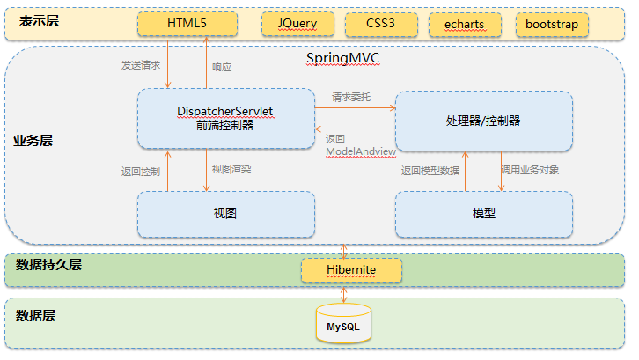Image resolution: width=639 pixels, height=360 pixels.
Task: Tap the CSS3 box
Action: tap(380, 24)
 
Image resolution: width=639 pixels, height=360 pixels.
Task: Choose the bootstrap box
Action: tap(552, 24)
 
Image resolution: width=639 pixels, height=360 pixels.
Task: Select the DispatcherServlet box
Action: tap(225, 118)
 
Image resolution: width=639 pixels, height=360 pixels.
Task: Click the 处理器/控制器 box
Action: tap(483, 118)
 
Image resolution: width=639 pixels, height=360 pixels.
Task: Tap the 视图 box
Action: tap(225, 214)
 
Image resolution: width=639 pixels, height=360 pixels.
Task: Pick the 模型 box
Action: tap(483, 214)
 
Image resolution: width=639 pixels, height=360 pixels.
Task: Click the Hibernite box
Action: tap(351, 268)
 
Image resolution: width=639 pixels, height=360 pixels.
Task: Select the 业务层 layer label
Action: tap(32, 140)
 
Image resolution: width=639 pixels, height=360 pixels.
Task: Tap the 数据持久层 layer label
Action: tap(48, 263)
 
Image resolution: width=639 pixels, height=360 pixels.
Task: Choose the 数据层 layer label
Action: tap(35, 313)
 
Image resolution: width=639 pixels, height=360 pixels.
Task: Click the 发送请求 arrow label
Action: tap(140, 66)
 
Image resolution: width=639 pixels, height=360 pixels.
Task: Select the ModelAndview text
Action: tap(360, 151)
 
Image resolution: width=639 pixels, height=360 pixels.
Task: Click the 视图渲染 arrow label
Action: tap(231, 168)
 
